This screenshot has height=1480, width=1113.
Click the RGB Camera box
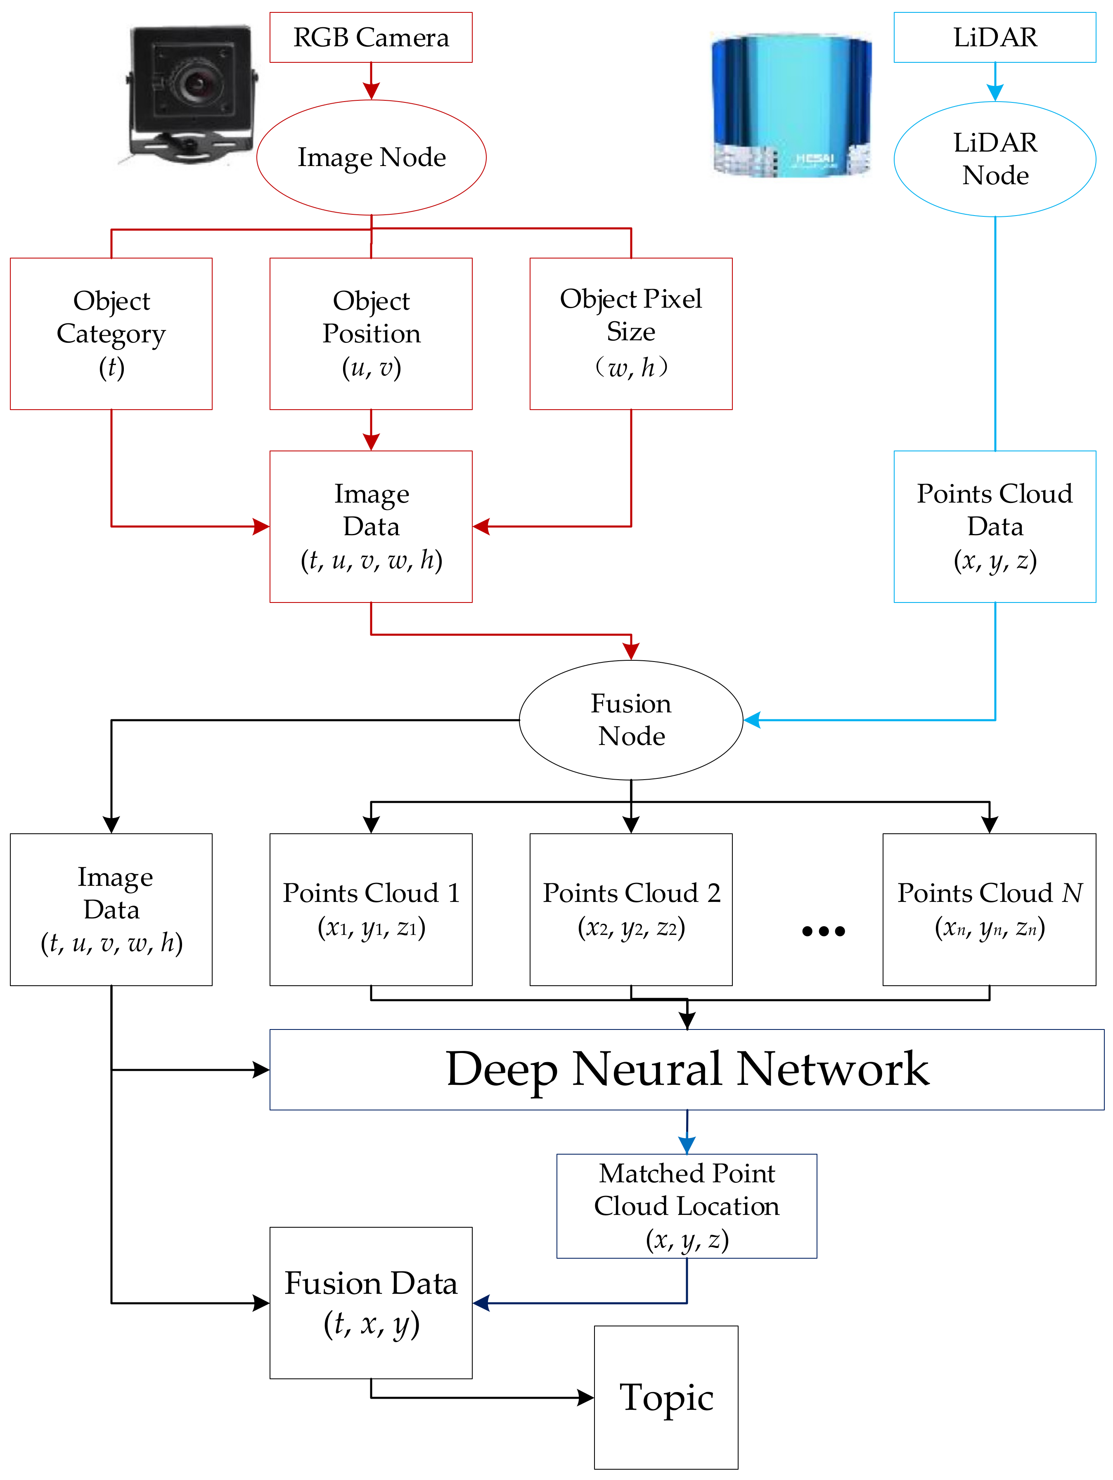click(x=371, y=38)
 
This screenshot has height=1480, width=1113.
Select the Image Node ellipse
click(x=371, y=157)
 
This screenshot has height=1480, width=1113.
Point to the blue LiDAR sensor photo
click(x=791, y=105)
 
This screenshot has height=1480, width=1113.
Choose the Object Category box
click(x=111, y=334)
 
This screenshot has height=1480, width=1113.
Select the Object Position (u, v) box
click(x=371, y=334)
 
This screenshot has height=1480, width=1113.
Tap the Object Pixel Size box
click(x=631, y=334)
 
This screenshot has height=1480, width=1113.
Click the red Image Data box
click(x=371, y=527)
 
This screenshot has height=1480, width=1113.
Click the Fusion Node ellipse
click(x=631, y=720)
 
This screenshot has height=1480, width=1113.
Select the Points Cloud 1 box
click(x=371, y=909)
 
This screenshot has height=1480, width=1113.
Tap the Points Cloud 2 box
click(x=631, y=909)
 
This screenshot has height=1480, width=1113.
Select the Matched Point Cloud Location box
click(x=687, y=1206)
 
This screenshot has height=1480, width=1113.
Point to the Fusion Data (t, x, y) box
click(x=371, y=1303)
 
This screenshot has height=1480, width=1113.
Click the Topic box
click(x=666, y=1397)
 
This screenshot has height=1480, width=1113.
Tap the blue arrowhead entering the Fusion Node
click(x=752, y=720)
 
